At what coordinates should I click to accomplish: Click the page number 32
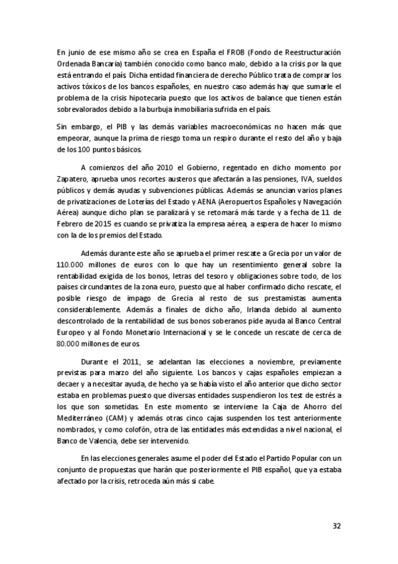pyautogui.click(x=336, y=525)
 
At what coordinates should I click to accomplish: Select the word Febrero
pyautogui.click(x=71, y=222)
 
